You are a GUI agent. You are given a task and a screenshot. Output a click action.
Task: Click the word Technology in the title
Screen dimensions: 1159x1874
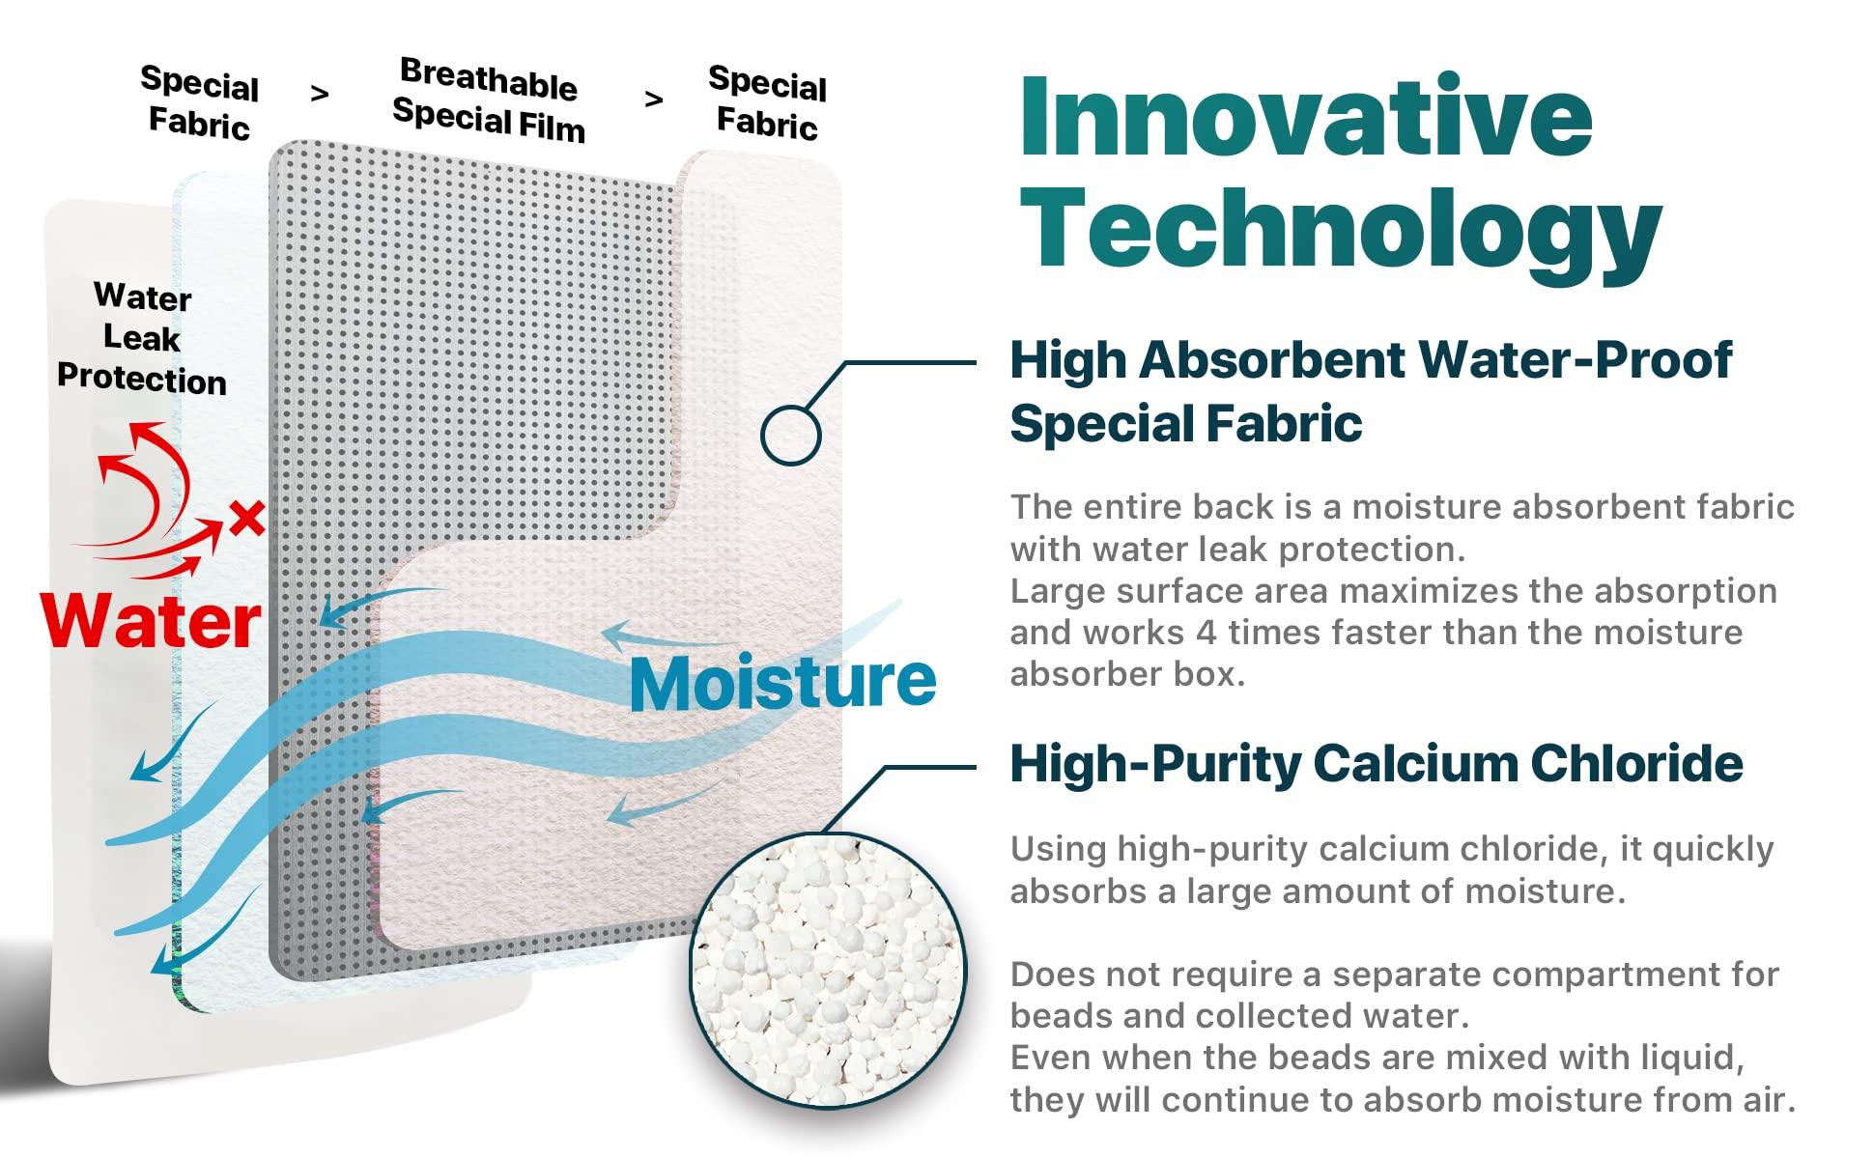click(x=1341, y=230)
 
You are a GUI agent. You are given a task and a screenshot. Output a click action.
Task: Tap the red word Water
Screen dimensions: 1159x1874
click(x=152, y=620)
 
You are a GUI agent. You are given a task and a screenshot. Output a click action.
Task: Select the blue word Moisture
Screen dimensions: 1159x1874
click(x=782, y=682)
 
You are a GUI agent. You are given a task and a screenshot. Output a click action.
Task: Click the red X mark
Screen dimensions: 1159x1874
click(x=247, y=519)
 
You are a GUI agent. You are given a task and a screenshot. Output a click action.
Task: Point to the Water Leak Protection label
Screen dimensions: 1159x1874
click(x=142, y=338)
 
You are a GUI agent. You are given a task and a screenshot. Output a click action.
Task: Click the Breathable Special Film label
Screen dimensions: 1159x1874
click(x=489, y=99)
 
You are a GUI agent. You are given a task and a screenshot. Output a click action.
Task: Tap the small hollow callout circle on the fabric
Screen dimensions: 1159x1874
click(x=790, y=435)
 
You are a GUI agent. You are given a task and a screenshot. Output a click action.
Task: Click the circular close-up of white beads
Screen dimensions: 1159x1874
click(x=828, y=971)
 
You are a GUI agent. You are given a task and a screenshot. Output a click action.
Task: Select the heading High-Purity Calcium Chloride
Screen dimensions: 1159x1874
click(x=1376, y=763)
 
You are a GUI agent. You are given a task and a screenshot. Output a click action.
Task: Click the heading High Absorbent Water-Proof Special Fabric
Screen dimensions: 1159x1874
click(x=1370, y=390)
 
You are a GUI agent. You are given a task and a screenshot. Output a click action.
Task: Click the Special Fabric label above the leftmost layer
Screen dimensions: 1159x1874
click(x=200, y=102)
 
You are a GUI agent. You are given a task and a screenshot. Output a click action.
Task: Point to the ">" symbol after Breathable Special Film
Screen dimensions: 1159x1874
click(x=654, y=99)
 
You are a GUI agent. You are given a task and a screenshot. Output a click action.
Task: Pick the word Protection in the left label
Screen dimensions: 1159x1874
click(x=142, y=378)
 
